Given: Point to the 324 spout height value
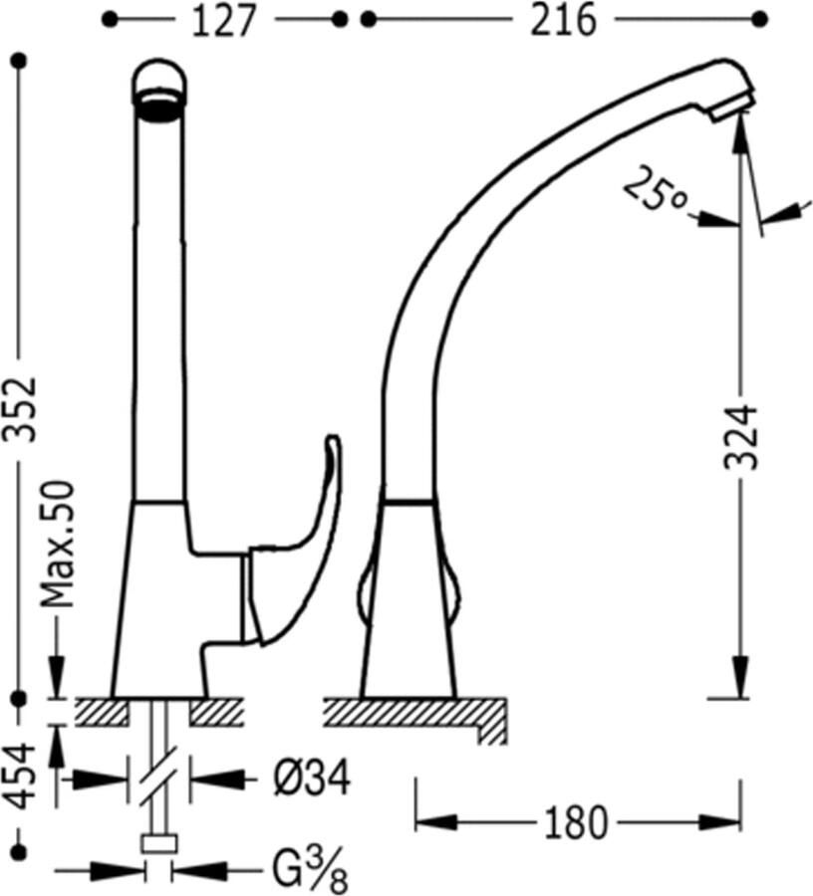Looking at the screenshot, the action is tap(741, 437).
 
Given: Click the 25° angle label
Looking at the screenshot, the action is tap(654, 190).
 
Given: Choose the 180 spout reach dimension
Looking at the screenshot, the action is tap(575, 823).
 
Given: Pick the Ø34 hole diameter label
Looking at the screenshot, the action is tap(312, 778).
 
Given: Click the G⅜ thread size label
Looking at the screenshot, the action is tap(309, 870).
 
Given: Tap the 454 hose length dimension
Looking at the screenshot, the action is tap(24, 776).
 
